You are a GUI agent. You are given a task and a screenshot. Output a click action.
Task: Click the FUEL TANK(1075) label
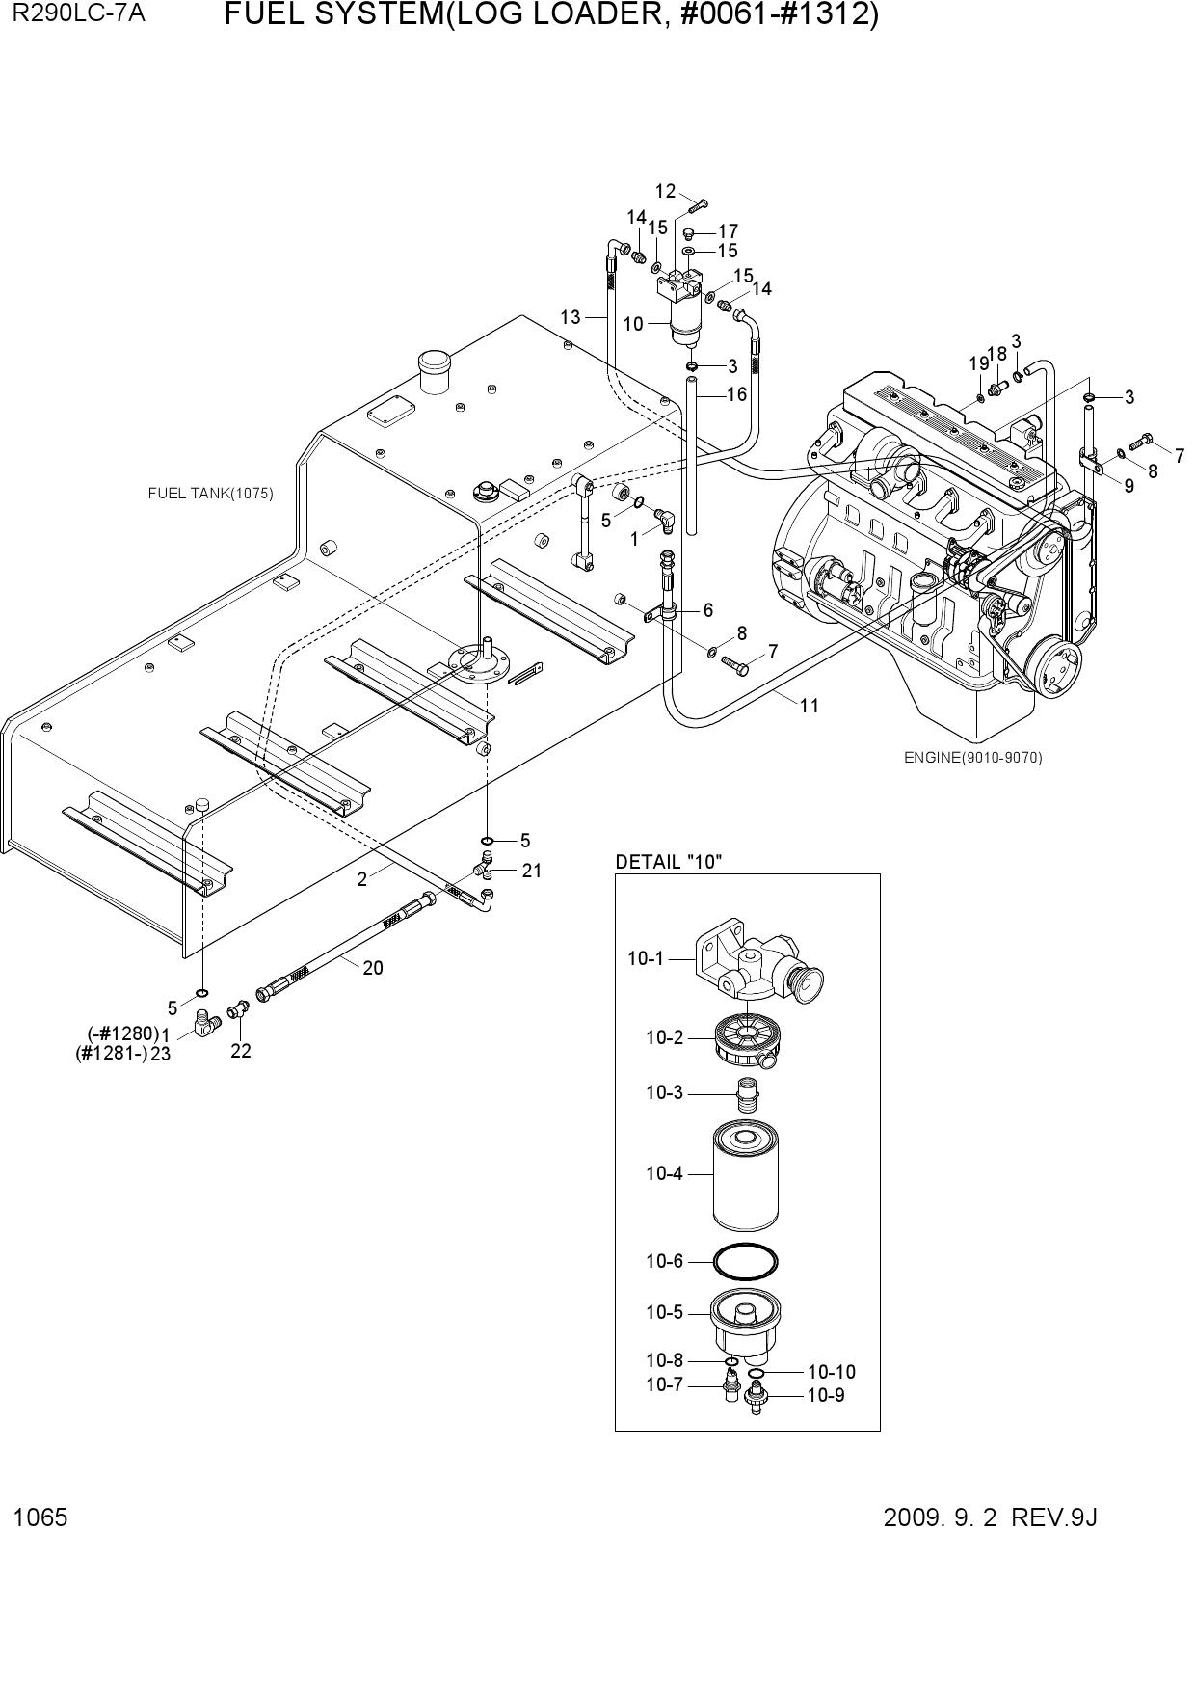210,494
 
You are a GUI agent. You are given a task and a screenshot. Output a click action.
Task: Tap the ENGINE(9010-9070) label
972,757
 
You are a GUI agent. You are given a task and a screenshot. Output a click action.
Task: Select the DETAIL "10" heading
669,861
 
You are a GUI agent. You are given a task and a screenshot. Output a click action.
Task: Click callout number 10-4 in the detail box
664,1173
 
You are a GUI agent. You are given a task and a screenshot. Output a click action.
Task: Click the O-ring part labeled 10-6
746,1260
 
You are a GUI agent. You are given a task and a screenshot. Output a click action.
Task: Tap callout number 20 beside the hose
373,967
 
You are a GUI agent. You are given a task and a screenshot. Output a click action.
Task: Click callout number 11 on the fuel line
810,705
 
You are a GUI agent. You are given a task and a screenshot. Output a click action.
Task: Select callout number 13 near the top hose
571,316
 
